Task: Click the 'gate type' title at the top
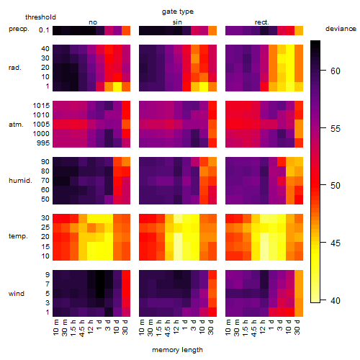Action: (178, 12)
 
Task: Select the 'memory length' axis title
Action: (177, 350)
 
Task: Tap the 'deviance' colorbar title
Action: (341, 29)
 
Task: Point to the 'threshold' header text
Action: (40, 17)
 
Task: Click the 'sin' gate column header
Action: (177, 22)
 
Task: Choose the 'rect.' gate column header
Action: (262, 22)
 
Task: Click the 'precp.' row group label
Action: (19, 30)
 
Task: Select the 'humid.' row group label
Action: (20, 181)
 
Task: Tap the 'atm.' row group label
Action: (16, 125)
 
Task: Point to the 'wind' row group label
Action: (17, 294)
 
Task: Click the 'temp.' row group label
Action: (18, 236)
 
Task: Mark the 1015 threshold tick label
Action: (41, 106)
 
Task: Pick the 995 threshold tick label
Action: (43, 143)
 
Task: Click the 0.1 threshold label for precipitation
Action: (44, 30)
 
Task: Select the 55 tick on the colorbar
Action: (336, 129)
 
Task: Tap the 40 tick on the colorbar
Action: (336, 300)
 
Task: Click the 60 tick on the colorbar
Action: (336, 71)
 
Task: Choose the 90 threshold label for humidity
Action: (45, 162)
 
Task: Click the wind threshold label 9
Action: (48, 275)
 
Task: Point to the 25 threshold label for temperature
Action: (45, 228)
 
